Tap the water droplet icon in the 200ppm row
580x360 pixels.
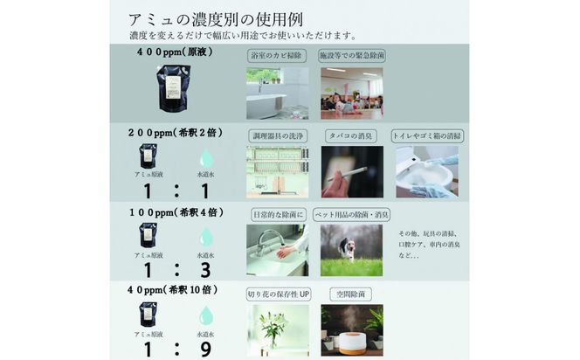click(206, 157)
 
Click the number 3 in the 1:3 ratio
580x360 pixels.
click(206, 270)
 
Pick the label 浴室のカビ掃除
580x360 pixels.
click(277, 55)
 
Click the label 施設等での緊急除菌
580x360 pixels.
click(351, 55)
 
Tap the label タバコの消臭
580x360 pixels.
click(352, 135)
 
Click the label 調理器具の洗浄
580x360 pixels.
click(277, 135)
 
